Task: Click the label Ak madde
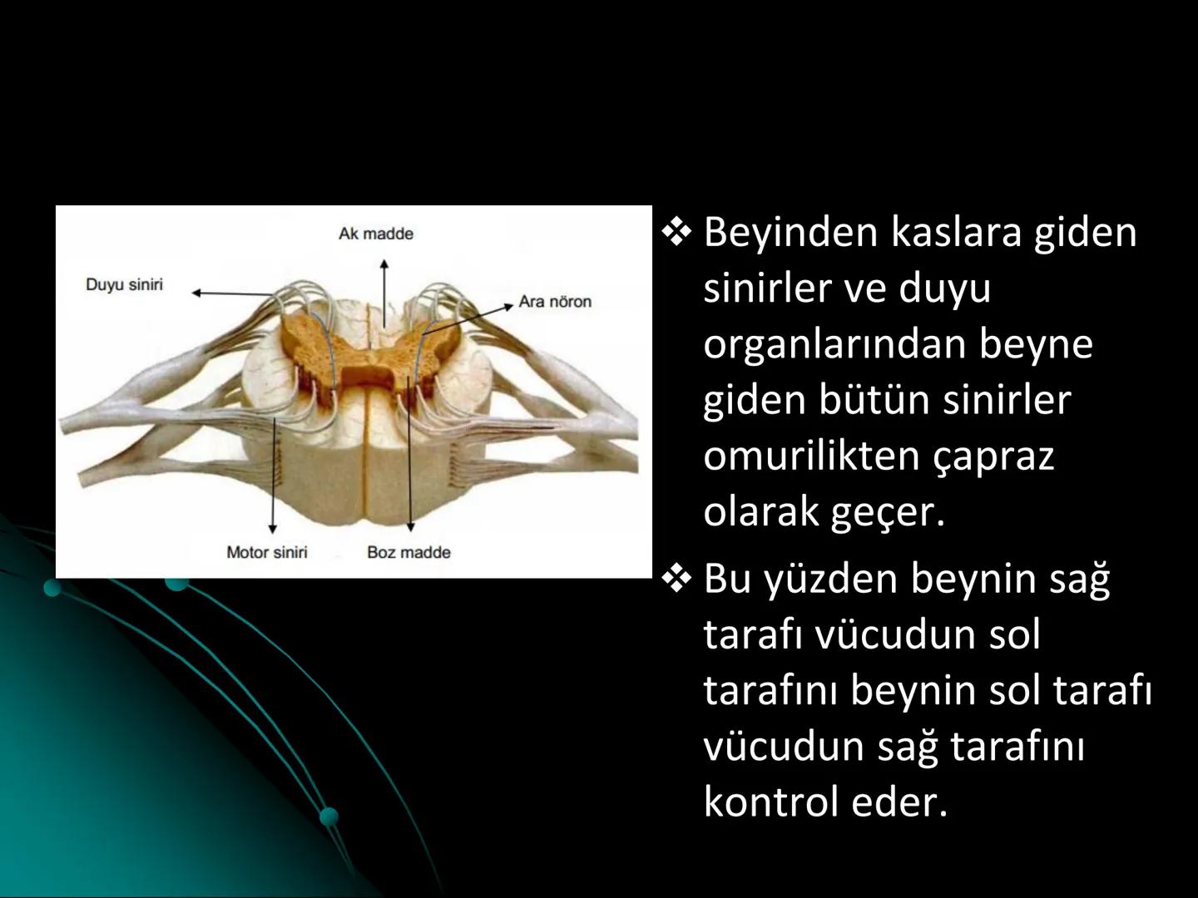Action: [375, 234]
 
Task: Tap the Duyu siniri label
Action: [124, 284]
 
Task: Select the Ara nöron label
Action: [555, 301]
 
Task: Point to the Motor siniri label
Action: [267, 552]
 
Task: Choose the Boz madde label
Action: [408, 552]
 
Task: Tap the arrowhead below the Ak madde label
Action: [384, 264]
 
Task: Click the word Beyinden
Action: [790, 232]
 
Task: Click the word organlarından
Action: [833, 344]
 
